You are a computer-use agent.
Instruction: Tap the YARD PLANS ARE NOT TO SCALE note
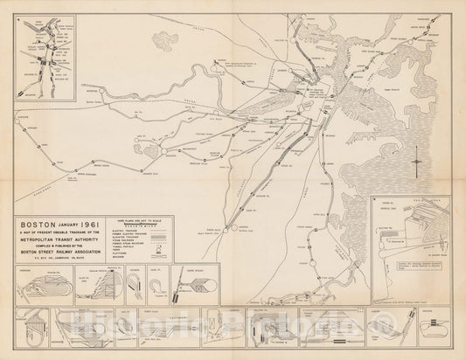tap(137, 219)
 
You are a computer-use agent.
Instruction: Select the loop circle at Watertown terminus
tap(164, 155)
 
